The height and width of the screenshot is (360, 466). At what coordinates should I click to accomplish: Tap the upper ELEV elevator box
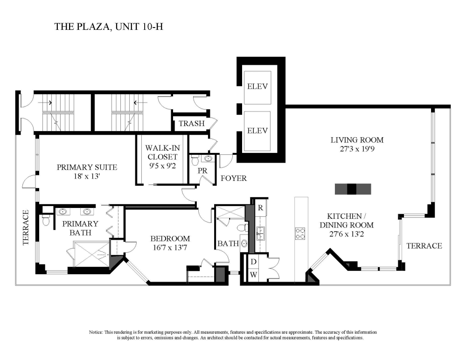tap(257, 86)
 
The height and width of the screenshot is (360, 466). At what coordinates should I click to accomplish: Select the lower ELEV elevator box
tap(257, 131)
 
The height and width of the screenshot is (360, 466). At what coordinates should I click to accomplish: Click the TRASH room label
tap(192, 124)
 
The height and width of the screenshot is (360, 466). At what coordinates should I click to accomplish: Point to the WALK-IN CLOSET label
tap(161, 153)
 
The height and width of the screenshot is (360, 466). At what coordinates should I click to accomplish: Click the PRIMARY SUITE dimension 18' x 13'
tap(87, 177)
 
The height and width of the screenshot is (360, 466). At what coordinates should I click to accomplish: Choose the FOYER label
tap(233, 179)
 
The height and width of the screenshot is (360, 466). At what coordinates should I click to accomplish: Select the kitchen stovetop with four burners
tap(300, 233)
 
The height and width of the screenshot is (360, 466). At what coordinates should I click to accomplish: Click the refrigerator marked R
tap(261, 208)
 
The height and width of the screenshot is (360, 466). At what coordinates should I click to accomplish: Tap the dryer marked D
tap(253, 262)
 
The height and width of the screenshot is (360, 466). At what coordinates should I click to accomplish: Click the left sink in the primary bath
tap(62, 211)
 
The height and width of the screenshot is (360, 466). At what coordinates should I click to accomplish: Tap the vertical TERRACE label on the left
tap(26, 227)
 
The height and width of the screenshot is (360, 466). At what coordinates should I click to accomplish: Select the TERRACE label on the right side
tap(424, 246)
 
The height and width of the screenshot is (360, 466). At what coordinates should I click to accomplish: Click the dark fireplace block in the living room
tap(353, 189)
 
